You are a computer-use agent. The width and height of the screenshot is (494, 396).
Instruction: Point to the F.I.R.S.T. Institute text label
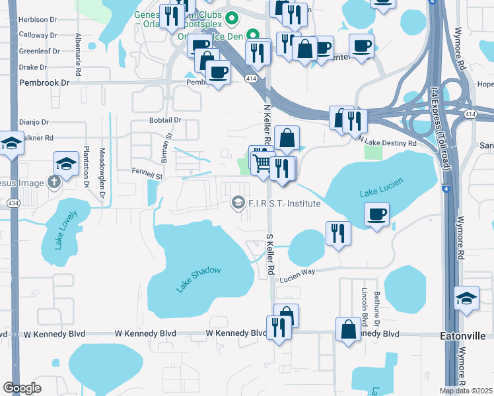[x=284, y=203]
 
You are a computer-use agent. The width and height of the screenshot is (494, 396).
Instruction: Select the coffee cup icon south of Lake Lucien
[x=376, y=214]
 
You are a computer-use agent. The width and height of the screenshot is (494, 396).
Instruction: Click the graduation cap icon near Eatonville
[x=466, y=298]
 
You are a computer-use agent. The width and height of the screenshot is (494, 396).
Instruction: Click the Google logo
[x=21, y=387]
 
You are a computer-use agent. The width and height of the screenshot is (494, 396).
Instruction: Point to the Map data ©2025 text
[x=466, y=391]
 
